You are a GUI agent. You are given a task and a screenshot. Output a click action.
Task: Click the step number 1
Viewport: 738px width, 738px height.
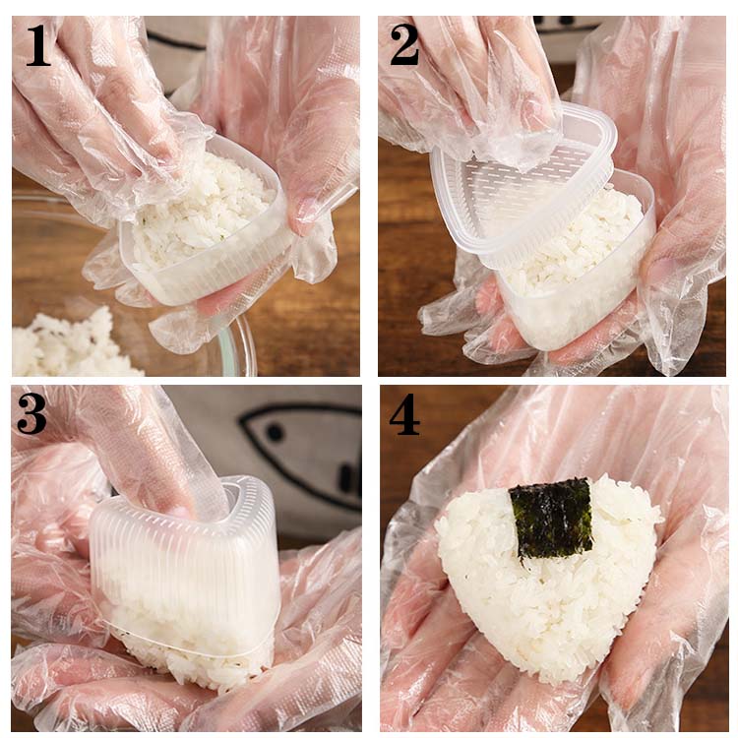(x=38, y=45)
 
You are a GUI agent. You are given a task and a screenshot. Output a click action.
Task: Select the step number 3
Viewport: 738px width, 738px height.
(x=32, y=414)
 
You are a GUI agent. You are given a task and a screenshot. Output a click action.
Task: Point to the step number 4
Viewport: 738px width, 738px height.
(x=404, y=414)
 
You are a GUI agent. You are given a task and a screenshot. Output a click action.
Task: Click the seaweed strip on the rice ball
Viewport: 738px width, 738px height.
(x=551, y=520)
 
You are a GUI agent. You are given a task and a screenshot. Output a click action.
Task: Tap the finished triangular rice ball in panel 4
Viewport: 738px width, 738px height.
(x=548, y=575)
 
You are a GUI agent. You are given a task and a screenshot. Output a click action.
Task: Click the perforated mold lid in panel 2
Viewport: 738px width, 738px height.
(x=523, y=188)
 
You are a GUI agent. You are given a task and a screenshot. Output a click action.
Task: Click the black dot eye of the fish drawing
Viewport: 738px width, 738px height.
(x=276, y=432)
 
